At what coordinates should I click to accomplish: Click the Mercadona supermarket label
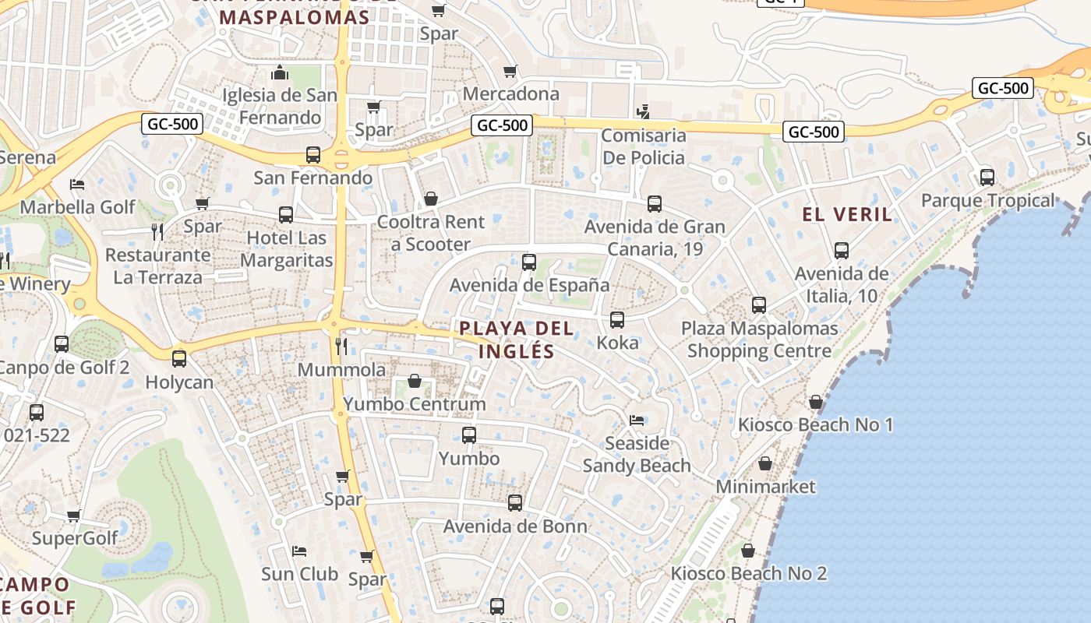pos(510,94)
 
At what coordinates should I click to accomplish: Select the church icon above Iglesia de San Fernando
pos(280,73)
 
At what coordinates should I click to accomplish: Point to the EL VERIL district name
pos(847,215)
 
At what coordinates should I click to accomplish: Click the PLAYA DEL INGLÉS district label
pos(516,340)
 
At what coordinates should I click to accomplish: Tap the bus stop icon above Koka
pos(617,319)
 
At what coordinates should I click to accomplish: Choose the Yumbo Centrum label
pos(415,404)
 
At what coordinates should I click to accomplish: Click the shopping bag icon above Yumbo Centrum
pos(415,381)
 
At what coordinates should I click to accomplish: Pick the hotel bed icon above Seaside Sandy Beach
pos(637,421)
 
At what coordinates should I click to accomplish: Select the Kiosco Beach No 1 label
pos(815,425)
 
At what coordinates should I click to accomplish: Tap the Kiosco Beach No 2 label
pos(749,574)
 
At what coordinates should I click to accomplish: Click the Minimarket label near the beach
pos(765,487)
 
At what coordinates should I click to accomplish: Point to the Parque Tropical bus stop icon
pos(987,178)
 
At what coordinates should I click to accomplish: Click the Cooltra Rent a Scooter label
pos(431,233)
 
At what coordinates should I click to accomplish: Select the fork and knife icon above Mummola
pos(341,346)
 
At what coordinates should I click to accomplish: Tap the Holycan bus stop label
pos(179,382)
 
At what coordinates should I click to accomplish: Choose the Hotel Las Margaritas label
pos(286,248)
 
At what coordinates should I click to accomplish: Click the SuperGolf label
pos(75,538)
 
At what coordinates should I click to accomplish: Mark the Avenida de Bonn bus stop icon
pos(514,503)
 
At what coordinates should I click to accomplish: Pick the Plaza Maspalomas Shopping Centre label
pos(759,340)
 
